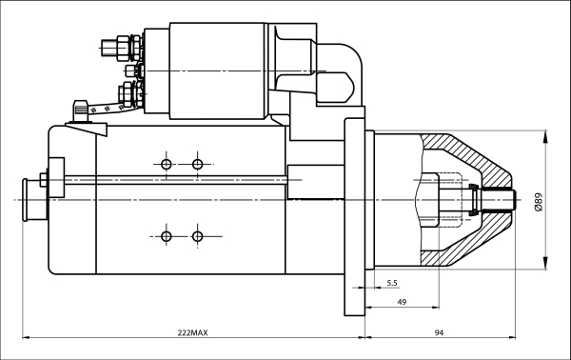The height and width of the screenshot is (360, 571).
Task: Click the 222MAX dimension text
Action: click(192, 332)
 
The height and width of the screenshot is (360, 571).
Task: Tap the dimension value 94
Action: click(440, 332)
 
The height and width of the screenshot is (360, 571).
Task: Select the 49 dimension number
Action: click(403, 301)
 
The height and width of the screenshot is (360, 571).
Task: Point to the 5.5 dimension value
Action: click(392, 284)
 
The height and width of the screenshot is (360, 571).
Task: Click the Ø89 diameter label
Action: click(539, 201)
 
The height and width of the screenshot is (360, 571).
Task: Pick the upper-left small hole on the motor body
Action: click(167, 165)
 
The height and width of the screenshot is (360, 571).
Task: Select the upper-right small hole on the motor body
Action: click(197, 165)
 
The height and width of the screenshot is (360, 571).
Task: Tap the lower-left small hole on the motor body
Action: click(167, 235)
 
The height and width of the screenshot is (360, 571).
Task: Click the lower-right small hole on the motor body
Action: click(197, 235)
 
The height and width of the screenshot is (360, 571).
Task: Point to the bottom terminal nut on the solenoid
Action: click(128, 94)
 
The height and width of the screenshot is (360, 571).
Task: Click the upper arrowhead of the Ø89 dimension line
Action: click(544, 137)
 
